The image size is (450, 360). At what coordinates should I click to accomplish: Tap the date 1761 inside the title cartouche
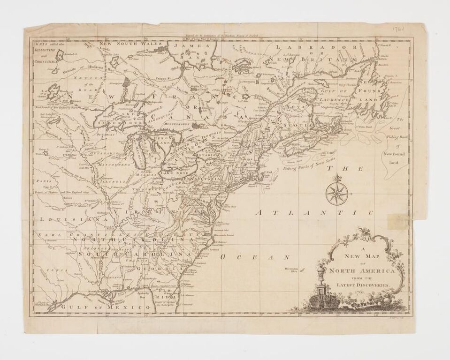pos(360,292)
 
